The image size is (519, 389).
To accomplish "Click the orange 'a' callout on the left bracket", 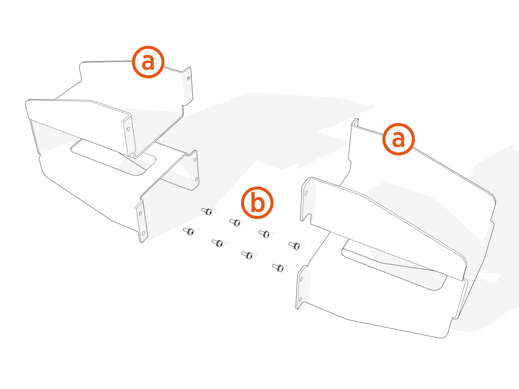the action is click(x=148, y=62).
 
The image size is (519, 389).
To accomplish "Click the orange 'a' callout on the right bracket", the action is click(x=398, y=139).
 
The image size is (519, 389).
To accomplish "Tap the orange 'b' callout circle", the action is click(x=257, y=203).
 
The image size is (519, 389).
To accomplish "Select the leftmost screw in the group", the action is click(x=188, y=231).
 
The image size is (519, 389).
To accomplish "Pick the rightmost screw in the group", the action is click(x=295, y=246).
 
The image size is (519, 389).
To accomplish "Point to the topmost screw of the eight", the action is click(x=207, y=211).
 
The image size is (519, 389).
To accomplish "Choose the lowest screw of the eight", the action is click(x=278, y=268).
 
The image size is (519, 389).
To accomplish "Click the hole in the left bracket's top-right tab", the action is click(x=189, y=78).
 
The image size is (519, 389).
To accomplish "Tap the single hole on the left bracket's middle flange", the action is click(x=128, y=129).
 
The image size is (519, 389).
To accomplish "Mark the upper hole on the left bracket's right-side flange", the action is click(x=195, y=160).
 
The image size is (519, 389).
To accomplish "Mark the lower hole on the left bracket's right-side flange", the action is click(x=196, y=179).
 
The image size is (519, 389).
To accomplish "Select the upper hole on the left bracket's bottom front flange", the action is click(x=140, y=214).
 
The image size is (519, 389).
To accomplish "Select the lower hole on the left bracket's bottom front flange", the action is click(x=143, y=233).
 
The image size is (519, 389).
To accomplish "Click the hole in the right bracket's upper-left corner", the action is click(x=306, y=193).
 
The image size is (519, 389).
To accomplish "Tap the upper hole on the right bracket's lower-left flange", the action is click(x=301, y=279).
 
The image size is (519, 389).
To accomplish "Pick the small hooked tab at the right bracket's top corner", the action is click(x=355, y=122).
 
